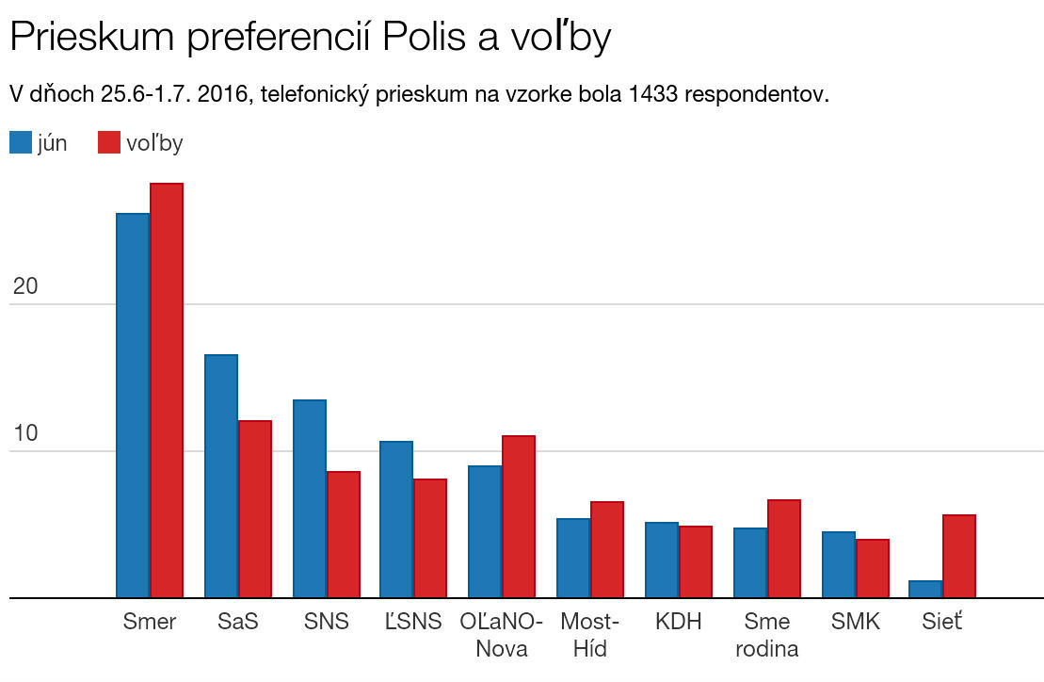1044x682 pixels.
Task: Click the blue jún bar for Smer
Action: [x=133, y=405]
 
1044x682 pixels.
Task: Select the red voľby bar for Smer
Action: [x=167, y=390]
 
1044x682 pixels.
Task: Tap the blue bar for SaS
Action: [x=221, y=476]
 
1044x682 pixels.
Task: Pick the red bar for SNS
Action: [x=344, y=534]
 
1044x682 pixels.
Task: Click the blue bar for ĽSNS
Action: [x=396, y=519]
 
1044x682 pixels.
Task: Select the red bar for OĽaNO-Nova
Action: [x=519, y=516]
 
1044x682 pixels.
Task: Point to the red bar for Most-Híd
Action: [x=607, y=549]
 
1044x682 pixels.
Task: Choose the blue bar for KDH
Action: [x=662, y=560]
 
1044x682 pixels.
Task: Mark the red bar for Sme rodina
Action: [x=784, y=548]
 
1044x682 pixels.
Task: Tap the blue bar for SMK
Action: [x=839, y=564]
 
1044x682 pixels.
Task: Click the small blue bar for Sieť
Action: [x=925, y=589]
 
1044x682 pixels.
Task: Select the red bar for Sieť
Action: [x=959, y=556]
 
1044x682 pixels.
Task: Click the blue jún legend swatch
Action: [x=21, y=143]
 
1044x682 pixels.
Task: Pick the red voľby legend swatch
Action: [x=109, y=143]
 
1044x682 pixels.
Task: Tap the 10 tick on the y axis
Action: [x=25, y=434]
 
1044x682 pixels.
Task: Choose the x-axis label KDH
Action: [x=679, y=623]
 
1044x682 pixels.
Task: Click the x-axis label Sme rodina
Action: [x=766, y=635]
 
